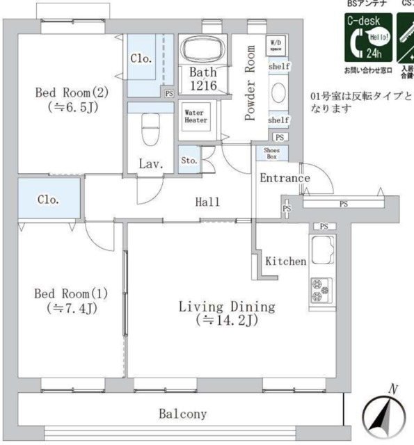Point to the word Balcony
tap(182, 414)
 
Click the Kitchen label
tap(285, 262)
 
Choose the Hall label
tap(207, 202)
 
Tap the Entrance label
tap(284, 179)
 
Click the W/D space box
tap(276, 47)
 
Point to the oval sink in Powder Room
tap(278, 92)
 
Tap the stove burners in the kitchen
tap(320, 290)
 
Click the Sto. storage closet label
tap(189, 161)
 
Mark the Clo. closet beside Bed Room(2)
tap(141, 60)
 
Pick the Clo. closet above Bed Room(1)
tap(48, 200)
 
